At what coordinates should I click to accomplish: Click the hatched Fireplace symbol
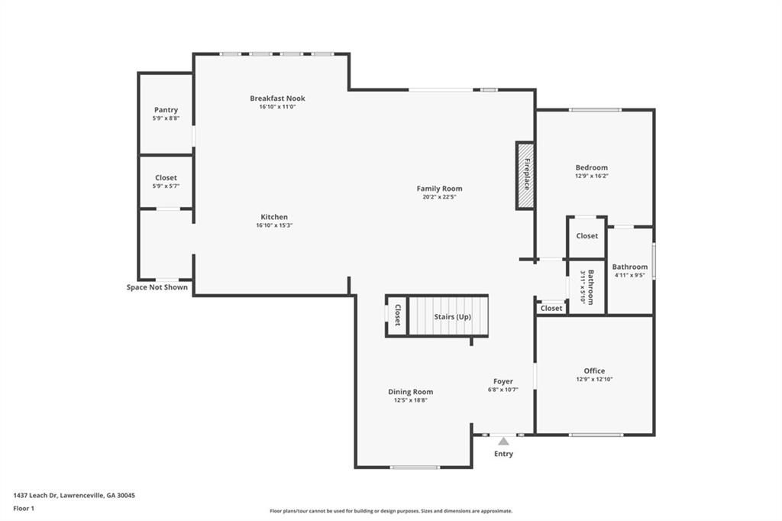pyautogui.click(x=525, y=176)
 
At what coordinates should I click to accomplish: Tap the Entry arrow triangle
pyautogui.click(x=503, y=441)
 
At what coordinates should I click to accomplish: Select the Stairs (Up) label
pyautogui.click(x=452, y=317)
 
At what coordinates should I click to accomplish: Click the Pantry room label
pyautogui.click(x=166, y=110)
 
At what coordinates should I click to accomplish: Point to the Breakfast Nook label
pyautogui.click(x=277, y=99)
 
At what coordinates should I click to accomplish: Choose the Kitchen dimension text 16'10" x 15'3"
pyautogui.click(x=274, y=225)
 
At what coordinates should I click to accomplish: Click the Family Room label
pyautogui.click(x=439, y=189)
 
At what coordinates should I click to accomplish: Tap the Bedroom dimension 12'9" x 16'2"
pyautogui.click(x=592, y=176)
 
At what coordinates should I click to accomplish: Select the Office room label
pyautogui.click(x=594, y=371)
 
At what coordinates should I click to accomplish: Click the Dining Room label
pyautogui.click(x=410, y=392)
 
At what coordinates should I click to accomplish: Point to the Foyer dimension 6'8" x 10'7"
pyautogui.click(x=503, y=390)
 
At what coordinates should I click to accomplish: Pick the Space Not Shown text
pyautogui.click(x=157, y=287)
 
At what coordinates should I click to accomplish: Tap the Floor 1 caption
pyautogui.click(x=24, y=509)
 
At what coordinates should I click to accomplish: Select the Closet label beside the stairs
pyautogui.click(x=397, y=315)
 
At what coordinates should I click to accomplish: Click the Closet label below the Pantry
pyautogui.click(x=166, y=178)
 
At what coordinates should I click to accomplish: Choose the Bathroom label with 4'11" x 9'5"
pyautogui.click(x=630, y=267)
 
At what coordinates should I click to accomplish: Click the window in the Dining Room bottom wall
pyautogui.click(x=415, y=468)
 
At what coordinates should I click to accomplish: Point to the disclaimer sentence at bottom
pyautogui.click(x=391, y=511)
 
